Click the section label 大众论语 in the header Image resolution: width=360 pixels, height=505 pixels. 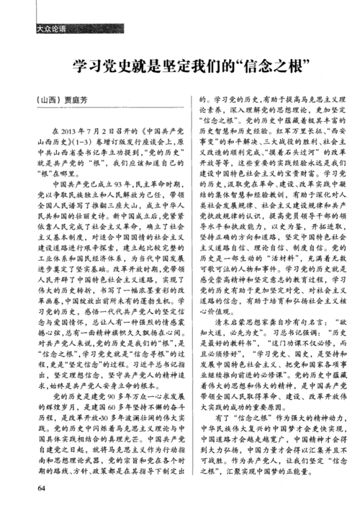tap(50, 30)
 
